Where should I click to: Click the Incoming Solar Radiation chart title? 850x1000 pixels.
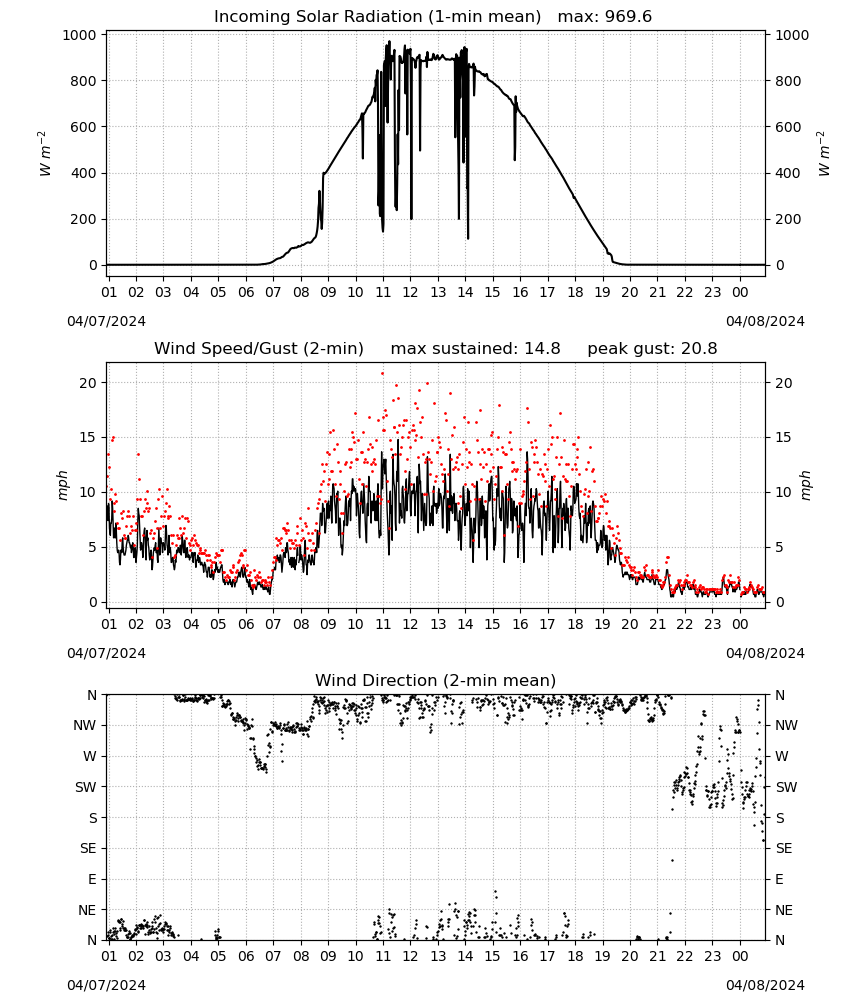pos(377,17)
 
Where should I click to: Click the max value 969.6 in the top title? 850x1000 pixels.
pos(628,17)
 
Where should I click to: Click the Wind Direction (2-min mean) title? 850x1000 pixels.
pos(436,680)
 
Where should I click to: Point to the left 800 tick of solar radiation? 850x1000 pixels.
pos(84,81)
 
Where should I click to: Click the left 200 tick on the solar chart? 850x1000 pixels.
pos(84,219)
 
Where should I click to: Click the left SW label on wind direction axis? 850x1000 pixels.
pos(85,787)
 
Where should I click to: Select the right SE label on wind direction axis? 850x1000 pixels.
pos(784,849)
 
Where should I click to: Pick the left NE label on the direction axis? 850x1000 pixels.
pos(87,910)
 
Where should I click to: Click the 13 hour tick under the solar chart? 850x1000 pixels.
pos(438,293)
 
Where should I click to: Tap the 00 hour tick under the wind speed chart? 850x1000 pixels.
pos(740,624)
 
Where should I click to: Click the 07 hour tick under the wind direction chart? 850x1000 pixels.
pos(273,957)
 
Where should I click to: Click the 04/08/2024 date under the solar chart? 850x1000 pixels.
pos(765,321)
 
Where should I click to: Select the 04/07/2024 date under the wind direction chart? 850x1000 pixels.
pos(106,985)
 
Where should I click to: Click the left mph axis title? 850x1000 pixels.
pos(62,485)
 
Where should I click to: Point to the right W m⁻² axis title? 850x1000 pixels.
pos(823,154)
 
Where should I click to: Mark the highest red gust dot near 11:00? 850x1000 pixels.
pos(383,374)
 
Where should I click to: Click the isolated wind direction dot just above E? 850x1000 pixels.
pos(672,860)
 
